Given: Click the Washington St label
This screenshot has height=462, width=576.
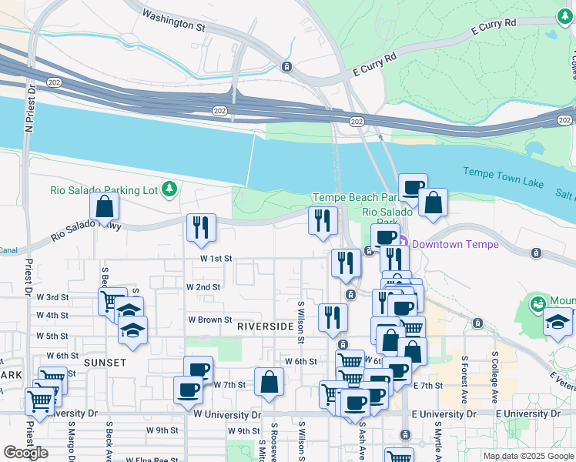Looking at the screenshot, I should click(x=174, y=21).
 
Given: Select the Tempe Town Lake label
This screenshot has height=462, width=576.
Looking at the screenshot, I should click(x=503, y=177).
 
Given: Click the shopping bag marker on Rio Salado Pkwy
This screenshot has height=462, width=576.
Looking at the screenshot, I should click(x=105, y=206).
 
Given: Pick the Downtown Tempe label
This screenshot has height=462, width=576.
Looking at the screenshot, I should click(x=454, y=244).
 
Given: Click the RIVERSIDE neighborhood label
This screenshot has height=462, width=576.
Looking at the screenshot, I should click(x=265, y=326).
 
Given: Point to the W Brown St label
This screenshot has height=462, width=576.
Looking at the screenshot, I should click(x=210, y=320).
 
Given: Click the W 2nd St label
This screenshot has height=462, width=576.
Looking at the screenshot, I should click(x=203, y=286).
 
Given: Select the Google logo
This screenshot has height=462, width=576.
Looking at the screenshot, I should click(x=26, y=453).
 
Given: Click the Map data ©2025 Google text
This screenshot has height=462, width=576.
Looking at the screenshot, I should click(x=527, y=456).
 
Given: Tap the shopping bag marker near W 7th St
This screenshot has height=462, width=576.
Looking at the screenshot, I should click(x=270, y=382).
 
